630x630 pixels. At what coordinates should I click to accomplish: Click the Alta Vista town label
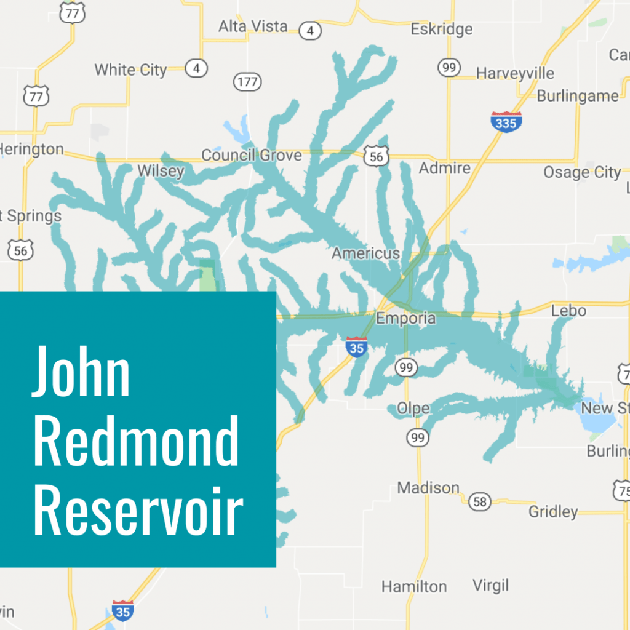click(253, 26)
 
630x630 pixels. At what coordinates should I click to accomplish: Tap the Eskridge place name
click(442, 29)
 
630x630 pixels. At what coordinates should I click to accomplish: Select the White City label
click(130, 70)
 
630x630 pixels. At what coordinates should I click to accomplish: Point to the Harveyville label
click(515, 73)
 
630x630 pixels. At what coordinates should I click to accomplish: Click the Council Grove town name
click(252, 155)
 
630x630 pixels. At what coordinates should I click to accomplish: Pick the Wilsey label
click(161, 170)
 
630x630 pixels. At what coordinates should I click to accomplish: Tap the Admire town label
click(444, 168)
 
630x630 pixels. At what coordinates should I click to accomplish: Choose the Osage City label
click(582, 173)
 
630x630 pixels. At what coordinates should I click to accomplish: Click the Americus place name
click(365, 253)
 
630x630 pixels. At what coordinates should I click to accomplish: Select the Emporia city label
click(405, 318)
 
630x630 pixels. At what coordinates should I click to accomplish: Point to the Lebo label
click(568, 310)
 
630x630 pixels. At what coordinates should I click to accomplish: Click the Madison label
click(428, 488)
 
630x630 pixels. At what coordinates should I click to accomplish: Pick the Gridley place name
click(553, 511)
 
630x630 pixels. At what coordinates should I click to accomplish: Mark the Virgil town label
click(490, 584)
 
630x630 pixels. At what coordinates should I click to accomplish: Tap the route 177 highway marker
click(247, 81)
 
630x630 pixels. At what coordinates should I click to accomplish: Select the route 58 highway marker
click(480, 501)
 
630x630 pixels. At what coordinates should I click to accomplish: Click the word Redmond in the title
click(136, 442)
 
